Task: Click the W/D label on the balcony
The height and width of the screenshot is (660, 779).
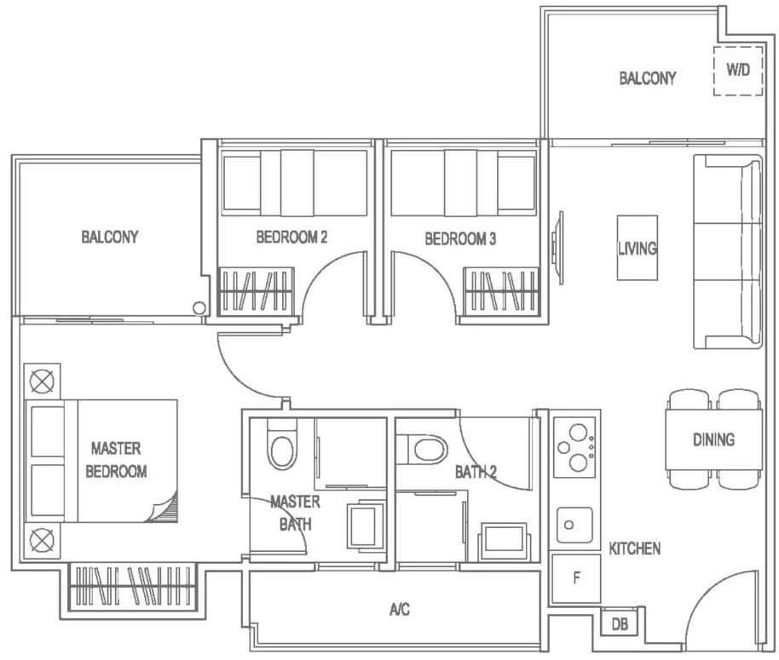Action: point(738,70)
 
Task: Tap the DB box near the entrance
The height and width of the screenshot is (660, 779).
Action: point(619,623)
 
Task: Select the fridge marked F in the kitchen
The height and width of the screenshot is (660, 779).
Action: point(576,578)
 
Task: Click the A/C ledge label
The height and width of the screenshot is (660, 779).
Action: point(400,609)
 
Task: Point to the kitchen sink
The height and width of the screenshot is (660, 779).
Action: point(574,525)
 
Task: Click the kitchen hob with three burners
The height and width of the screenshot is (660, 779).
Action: point(574,448)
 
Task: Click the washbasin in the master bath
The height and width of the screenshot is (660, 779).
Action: point(366,526)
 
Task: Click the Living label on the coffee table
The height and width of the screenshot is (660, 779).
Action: point(638,248)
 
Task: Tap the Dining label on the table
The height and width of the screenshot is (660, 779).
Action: point(714,439)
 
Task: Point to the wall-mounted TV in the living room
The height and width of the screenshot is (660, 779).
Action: point(557,248)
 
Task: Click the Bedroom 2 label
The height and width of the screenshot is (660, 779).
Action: point(291,238)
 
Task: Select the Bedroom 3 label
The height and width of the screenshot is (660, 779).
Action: point(460,238)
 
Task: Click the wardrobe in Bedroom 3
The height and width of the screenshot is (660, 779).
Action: point(502,292)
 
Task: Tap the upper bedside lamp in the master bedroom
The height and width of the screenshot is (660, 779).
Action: point(43,382)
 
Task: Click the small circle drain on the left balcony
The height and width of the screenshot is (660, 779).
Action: point(199,308)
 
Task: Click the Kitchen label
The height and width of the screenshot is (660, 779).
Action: point(635,548)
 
